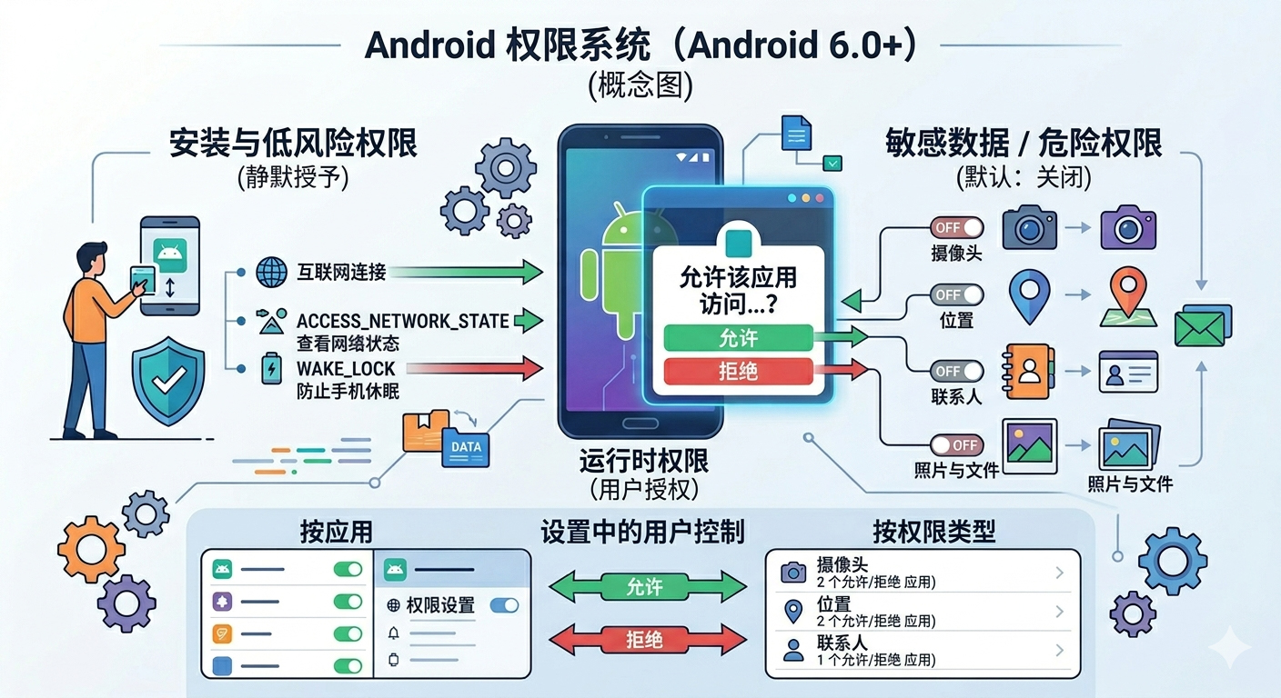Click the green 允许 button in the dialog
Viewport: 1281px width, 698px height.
(738, 338)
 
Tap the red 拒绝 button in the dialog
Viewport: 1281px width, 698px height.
(738, 371)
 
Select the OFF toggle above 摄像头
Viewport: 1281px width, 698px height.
(956, 227)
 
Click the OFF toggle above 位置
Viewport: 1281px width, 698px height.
(956, 294)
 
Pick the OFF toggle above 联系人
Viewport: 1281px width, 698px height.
(956, 371)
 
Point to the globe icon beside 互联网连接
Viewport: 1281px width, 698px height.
(271, 271)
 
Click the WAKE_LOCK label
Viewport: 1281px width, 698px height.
(346, 368)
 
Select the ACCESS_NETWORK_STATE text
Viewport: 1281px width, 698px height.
(402, 321)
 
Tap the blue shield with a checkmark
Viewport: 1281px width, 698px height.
(168, 381)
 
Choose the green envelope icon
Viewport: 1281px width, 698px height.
(1201, 326)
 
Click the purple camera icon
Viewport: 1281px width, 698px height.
(1127, 227)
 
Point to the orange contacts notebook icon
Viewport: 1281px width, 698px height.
(1028, 371)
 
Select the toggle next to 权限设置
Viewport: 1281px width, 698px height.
(504, 605)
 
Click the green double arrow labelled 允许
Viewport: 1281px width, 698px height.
(644, 586)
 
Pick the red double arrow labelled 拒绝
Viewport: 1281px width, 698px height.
(644, 640)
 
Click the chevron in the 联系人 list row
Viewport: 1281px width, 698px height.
(1059, 650)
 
